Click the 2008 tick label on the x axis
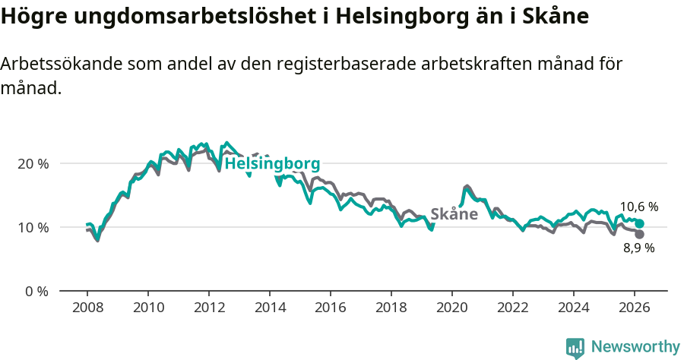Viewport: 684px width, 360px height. point(87,308)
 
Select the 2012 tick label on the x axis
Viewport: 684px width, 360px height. point(209,308)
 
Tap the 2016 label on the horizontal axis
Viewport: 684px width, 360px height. point(331,308)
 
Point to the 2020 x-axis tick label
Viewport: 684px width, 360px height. point(452,308)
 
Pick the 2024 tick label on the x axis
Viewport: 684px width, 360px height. point(574,308)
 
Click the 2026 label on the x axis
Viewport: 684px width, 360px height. point(635,308)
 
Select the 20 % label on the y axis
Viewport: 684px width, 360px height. point(33,163)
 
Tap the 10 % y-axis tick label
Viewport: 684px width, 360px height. point(33,227)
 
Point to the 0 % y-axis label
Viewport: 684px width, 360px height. point(36,291)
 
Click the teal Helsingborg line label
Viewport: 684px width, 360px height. point(272,163)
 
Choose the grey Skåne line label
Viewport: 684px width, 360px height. point(454,214)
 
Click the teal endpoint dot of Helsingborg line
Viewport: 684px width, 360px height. point(640,223)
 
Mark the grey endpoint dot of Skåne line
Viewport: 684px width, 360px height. point(640,235)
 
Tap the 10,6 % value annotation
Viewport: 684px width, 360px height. point(638,207)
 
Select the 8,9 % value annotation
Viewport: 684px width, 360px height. point(638,248)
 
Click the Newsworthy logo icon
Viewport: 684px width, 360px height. point(575,347)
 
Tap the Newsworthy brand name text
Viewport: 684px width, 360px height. point(635,347)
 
